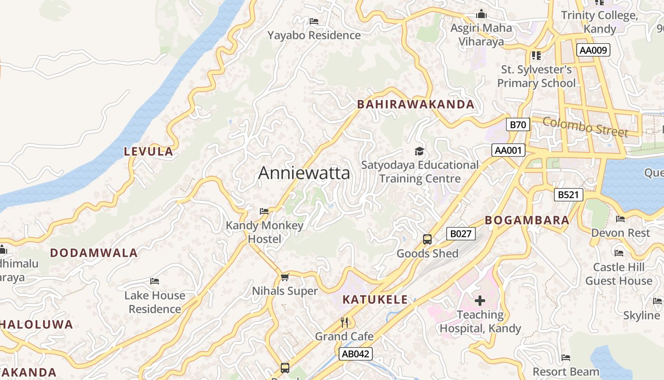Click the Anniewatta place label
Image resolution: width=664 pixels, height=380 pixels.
[304, 173]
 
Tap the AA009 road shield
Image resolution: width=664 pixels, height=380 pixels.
[593, 50]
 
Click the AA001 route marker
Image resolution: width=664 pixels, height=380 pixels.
[508, 151]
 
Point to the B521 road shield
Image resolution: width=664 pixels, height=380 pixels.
[568, 195]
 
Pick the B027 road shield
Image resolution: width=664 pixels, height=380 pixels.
[461, 234]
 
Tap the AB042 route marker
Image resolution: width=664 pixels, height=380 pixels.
[356, 353]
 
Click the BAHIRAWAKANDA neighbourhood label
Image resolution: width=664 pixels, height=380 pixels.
[415, 104]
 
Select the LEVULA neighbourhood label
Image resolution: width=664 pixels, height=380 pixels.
[148, 152]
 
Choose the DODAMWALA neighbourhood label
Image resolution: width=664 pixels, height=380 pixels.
[94, 253]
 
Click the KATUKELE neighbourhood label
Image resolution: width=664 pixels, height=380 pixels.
[375, 300]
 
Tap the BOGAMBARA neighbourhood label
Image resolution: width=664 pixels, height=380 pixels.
[527, 220]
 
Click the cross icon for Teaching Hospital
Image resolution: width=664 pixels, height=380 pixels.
[480, 301]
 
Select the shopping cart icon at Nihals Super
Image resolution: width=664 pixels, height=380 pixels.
[285, 277]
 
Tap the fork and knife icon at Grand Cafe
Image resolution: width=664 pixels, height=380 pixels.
[345, 323]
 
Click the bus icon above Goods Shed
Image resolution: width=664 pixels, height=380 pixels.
[427, 239]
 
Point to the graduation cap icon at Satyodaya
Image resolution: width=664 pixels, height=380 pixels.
[419, 152]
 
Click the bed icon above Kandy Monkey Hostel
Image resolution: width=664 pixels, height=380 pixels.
[265, 211]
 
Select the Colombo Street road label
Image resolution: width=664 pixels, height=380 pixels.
[585, 126]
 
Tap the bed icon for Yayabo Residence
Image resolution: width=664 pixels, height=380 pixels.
[314, 21]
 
